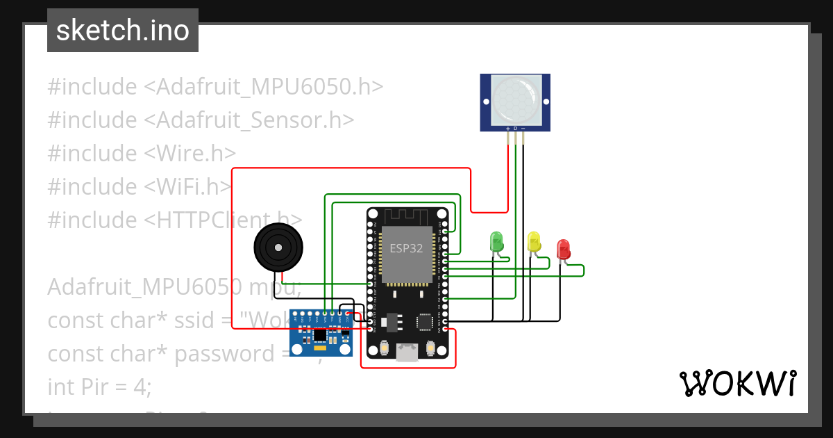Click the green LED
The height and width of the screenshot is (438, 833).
point(496,241)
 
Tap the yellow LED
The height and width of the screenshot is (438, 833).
point(534,241)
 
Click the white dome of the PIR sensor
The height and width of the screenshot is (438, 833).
point(514,100)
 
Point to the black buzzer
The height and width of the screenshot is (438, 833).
point(278,247)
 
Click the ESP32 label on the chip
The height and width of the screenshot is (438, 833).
point(406,248)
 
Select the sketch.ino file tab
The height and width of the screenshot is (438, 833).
point(123,31)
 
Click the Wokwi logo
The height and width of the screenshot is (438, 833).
point(737,383)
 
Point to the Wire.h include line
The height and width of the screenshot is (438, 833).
point(142,153)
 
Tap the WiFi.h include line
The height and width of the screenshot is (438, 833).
point(139,186)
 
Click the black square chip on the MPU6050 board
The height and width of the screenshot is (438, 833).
point(319,335)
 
